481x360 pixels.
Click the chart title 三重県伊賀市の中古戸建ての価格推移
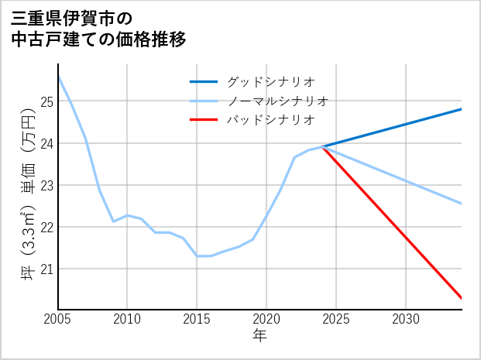pyautogui.click(x=98, y=28)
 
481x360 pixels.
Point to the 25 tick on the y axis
pyautogui.click(x=46, y=101)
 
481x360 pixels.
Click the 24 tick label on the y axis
pyautogui.click(x=46, y=143)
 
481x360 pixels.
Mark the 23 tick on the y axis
pyautogui.click(x=46, y=185)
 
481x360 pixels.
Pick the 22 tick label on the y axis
pyautogui.click(x=46, y=227)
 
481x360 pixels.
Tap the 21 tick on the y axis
pyautogui.click(x=46, y=269)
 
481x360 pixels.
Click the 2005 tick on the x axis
pyautogui.click(x=58, y=319)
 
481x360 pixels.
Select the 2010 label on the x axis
pyautogui.click(x=127, y=319)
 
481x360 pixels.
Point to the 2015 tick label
pyautogui.click(x=197, y=319)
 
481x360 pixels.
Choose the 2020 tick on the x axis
pyautogui.click(x=266, y=319)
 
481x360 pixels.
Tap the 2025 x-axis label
pyautogui.click(x=336, y=319)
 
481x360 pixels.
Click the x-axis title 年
pyautogui.click(x=259, y=335)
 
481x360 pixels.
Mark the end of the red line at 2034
pyautogui.click(x=462, y=298)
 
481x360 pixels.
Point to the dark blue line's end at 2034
pyautogui.click(x=462, y=109)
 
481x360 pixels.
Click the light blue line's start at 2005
pyautogui.click(x=58, y=77)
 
